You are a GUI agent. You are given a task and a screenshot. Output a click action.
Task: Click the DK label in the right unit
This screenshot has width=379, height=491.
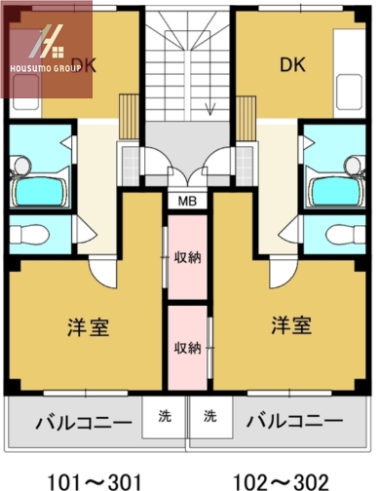tap(293, 65)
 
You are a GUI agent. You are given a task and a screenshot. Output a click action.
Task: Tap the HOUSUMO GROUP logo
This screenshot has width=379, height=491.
tap(46, 49)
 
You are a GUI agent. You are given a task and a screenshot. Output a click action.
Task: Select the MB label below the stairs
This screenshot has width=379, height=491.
tap(186, 202)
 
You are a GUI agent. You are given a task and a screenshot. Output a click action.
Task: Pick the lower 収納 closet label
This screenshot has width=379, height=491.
tap(187, 347)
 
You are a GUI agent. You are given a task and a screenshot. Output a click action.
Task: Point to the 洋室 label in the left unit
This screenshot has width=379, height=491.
tap(88, 325)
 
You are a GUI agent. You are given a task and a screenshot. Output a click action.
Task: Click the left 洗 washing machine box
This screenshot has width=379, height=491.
tap(164, 416)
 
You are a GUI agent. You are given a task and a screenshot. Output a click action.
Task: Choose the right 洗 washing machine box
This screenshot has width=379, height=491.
tap(209, 416)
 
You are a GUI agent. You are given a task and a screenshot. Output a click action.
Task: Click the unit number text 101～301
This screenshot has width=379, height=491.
tap(95, 480)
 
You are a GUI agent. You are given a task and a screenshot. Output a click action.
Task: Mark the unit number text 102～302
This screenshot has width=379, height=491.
tap(283, 480)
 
